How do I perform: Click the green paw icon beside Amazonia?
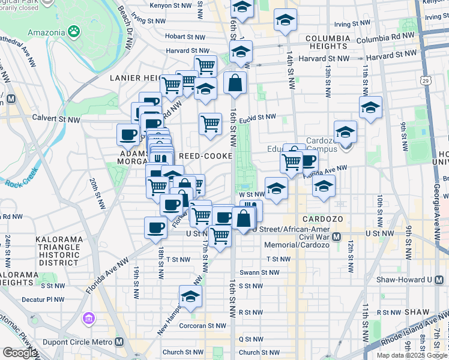click(x=74, y=30)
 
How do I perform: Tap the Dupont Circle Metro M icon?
click(x=119, y=341)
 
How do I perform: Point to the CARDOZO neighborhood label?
click(x=322, y=219)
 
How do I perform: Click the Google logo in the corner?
click(x=20, y=352)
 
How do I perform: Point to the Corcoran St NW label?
click(x=205, y=326)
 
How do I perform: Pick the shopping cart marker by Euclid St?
click(x=210, y=124)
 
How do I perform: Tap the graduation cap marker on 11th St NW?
click(x=370, y=107)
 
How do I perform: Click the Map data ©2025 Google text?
click(x=412, y=355)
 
